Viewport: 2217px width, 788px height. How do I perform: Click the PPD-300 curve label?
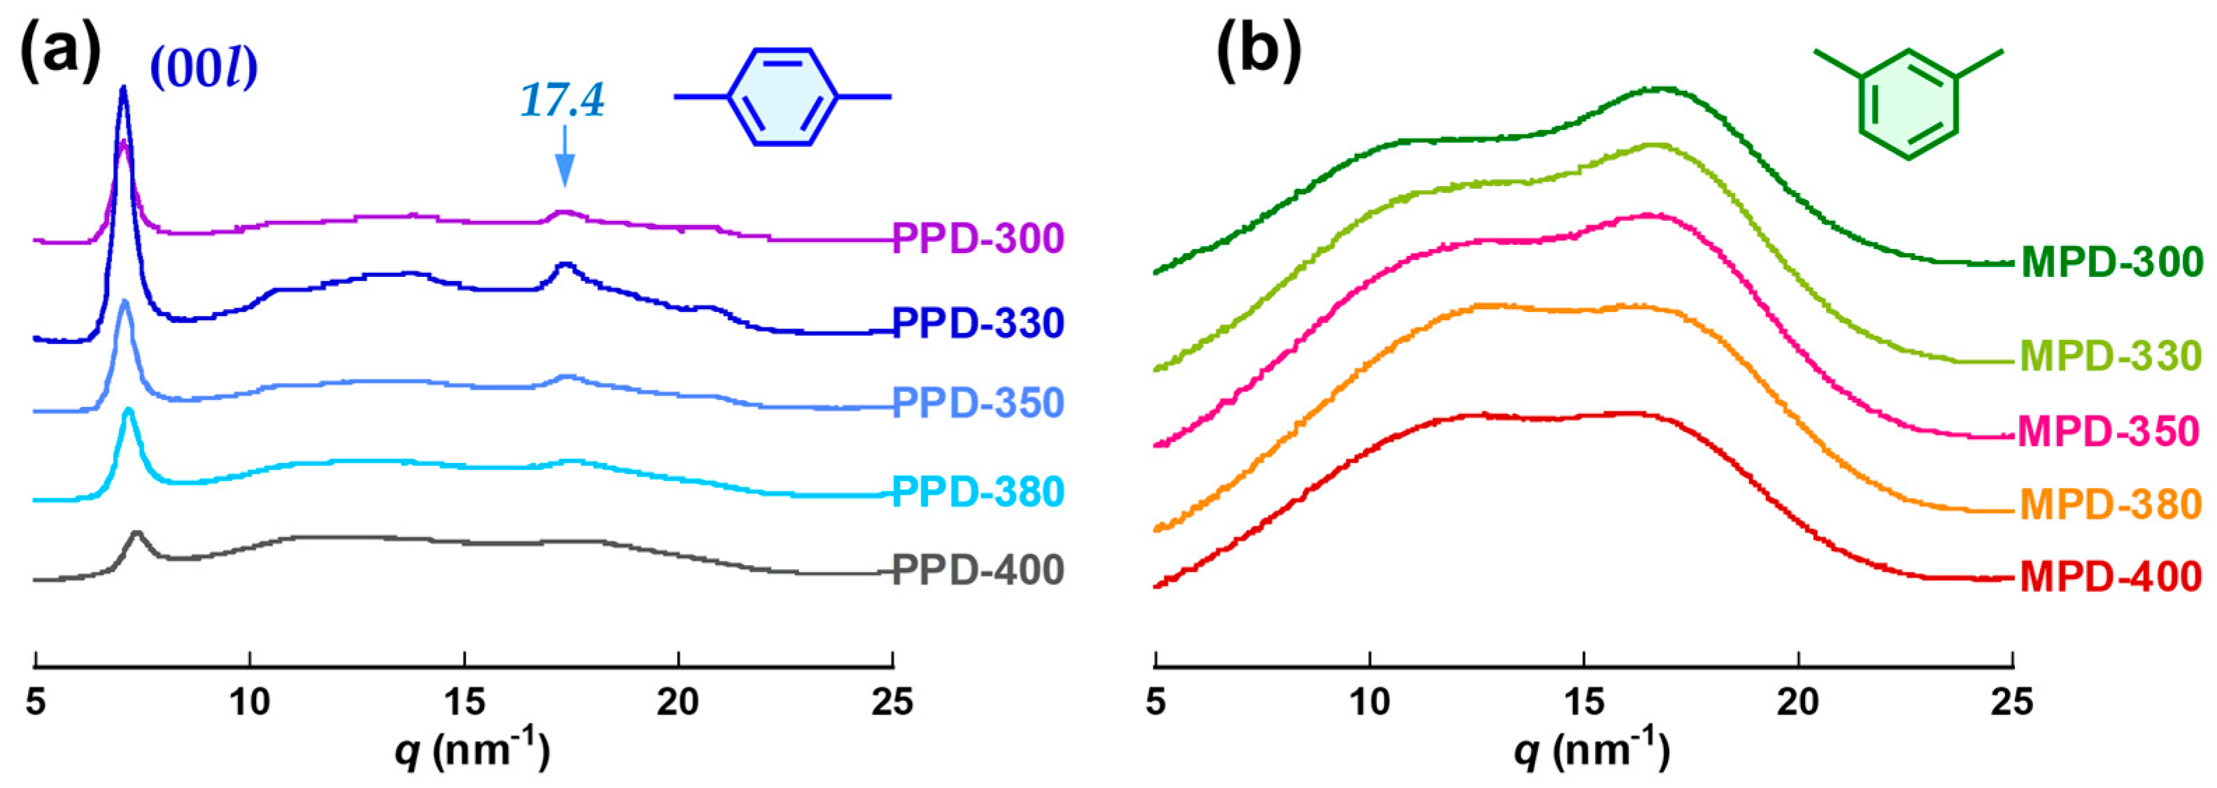[x=978, y=238]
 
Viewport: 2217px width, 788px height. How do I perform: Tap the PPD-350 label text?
[x=978, y=403]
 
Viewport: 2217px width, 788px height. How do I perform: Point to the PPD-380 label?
[x=978, y=492]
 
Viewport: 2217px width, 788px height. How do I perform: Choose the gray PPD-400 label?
[x=978, y=571]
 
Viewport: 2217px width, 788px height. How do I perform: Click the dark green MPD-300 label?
[x=2110, y=262]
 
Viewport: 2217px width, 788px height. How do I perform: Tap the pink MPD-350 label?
[x=2109, y=431]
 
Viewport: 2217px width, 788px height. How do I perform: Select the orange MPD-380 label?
[x=2110, y=504]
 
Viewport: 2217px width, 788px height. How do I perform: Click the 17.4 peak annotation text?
[x=563, y=101]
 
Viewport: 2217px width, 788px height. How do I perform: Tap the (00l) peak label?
[x=205, y=69]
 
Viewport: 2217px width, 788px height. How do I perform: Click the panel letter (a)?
[x=60, y=52]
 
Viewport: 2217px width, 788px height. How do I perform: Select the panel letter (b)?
[x=1258, y=52]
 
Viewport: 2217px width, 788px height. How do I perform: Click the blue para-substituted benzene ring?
[x=783, y=97]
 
